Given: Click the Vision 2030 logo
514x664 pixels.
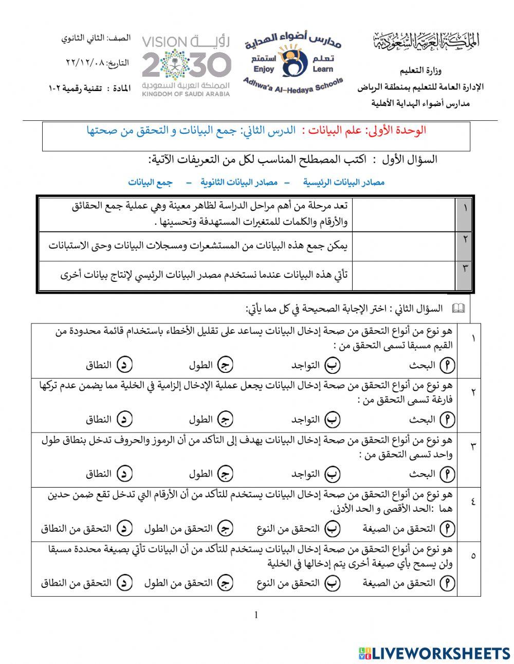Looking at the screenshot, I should point(186,65).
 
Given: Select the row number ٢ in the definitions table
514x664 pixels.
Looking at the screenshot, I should point(465,239).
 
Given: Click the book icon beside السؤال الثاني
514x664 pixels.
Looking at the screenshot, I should point(458,309).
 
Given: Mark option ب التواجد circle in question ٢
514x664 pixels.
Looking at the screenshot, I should point(333,420).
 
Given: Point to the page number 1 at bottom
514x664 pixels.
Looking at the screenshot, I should point(256,615).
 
